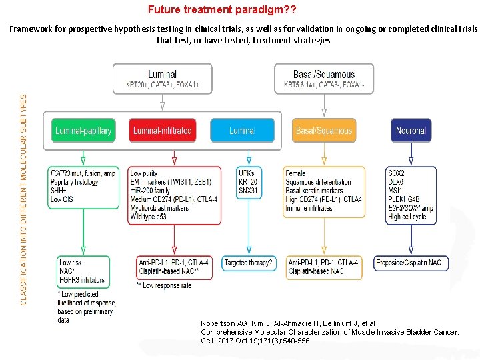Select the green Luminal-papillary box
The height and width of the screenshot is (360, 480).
[x=83, y=131]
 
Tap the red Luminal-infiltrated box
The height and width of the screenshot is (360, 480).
[x=162, y=131]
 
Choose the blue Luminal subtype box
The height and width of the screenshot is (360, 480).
[x=241, y=131]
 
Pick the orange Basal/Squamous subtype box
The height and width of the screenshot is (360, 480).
[x=323, y=131]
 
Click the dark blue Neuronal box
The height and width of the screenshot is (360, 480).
[x=411, y=131]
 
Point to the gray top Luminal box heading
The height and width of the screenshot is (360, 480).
[x=162, y=74]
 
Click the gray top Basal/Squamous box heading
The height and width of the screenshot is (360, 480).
[x=324, y=74]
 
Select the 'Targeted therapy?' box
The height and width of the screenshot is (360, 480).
[x=248, y=263]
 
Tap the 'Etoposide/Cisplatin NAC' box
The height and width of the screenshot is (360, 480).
[x=407, y=263]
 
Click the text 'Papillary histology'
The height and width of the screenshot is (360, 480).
[x=75, y=182]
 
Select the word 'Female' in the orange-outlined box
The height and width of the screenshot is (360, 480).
[x=296, y=173]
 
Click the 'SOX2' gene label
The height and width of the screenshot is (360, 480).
[x=396, y=173]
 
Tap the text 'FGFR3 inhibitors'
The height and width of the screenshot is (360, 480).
[x=82, y=280]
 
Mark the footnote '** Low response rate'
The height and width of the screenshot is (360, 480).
[x=163, y=285]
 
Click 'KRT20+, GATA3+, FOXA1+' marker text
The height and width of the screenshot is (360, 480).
[x=162, y=85]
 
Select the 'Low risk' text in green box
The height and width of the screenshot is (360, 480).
[x=71, y=263]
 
